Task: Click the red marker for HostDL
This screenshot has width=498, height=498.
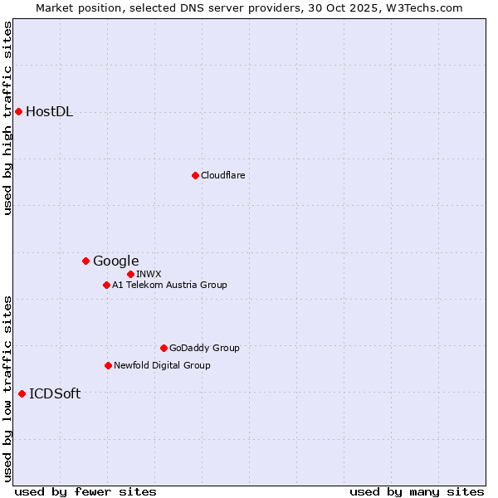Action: pyautogui.click(x=18, y=111)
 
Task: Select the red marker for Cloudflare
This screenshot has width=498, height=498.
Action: pyautogui.click(x=195, y=175)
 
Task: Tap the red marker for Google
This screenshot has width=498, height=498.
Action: pyautogui.click(x=85, y=261)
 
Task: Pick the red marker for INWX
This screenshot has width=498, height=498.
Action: pyautogui.click(x=130, y=274)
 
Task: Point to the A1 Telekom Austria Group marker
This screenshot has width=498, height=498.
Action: pyautogui.click(x=106, y=285)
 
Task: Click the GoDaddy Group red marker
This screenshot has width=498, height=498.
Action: pyautogui.click(x=164, y=348)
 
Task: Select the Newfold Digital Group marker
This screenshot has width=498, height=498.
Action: pyautogui.click(x=108, y=365)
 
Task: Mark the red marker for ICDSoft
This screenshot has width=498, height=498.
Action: pyautogui.click(x=22, y=393)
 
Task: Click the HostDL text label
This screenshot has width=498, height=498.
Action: pyautogui.click(x=49, y=112)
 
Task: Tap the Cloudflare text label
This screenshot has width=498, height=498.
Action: pyautogui.click(x=222, y=175)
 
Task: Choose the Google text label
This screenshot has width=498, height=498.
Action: pyautogui.click(x=115, y=261)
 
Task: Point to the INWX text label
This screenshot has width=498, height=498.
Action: pyautogui.click(x=149, y=274)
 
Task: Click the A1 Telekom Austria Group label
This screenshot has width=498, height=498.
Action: pyautogui.click(x=169, y=285)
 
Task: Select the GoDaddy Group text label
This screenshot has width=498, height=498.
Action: pyautogui.click(x=204, y=348)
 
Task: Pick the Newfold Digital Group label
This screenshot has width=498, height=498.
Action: pyautogui.click(x=162, y=365)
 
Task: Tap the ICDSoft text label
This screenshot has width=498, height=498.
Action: pyautogui.click(x=55, y=394)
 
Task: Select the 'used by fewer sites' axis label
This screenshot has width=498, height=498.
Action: pyautogui.click(x=85, y=491)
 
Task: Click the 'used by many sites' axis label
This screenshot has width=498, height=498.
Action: pyautogui.click(x=417, y=491)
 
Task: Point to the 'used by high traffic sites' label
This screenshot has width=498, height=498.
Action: pyautogui.click(x=8, y=118)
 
